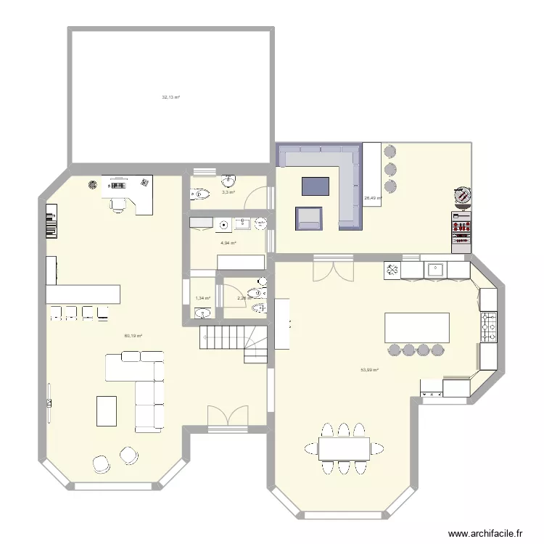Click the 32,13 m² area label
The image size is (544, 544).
170,96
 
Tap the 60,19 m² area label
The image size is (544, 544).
133,336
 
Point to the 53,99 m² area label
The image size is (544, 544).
370,369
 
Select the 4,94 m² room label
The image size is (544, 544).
228,243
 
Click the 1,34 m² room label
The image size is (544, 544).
202,298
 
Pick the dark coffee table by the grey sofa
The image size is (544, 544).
315,186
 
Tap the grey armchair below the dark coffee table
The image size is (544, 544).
308,218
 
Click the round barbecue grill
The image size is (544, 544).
462,195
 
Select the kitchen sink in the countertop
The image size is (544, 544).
436,269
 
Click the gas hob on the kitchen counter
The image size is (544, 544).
488,327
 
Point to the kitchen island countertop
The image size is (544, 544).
416,327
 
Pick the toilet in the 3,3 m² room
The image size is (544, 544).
201,194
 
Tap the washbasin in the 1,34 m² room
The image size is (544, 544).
202,313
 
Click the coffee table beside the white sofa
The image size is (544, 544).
106,410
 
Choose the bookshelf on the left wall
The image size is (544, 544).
50,221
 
